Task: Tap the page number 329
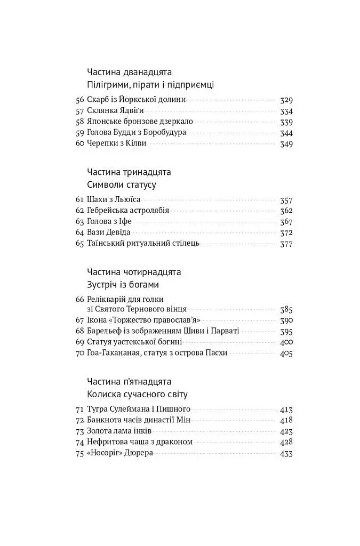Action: (286, 100)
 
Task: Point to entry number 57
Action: (81, 111)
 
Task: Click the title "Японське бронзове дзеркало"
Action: (135, 122)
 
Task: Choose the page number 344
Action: (286, 133)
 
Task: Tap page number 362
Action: (286, 211)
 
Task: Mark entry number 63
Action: (81, 221)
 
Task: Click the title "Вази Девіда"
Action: (108, 232)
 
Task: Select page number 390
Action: (286, 320)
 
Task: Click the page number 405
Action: (286, 353)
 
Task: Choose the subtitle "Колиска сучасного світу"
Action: (137, 395)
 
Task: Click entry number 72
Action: (81, 421)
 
